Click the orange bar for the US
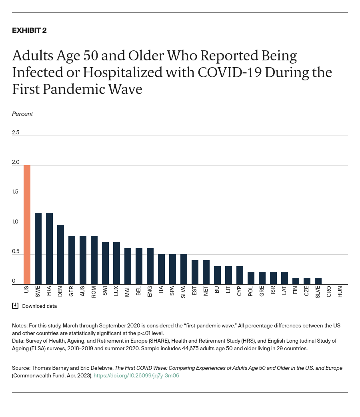pyautogui.click(x=27, y=224)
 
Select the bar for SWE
pyautogui.click(x=38, y=248)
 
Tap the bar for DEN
pyautogui.click(x=60, y=254)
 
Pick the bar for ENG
pyautogui.click(x=150, y=266)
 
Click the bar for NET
pyautogui.click(x=206, y=272)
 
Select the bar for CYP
pyautogui.click(x=240, y=275)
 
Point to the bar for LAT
pyautogui.click(x=284, y=278)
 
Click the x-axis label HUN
pyautogui.click(x=340, y=291)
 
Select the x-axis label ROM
pyautogui.click(x=94, y=291)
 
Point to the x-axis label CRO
pyautogui.click(x=329, y=291)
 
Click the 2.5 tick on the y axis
pyautogui.click(x=16, y=132)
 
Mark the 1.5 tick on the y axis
pyautogui.click(x=16, y=192)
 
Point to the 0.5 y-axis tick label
pyautogui.click(x=16, y=251)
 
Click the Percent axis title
pyautogui.click(x=22, y=114)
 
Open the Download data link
pyautogui.click(x=39, y=306)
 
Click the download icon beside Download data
pyautogui.click(x=15, y=306)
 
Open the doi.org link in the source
pyautogui.click(x=136, y=376)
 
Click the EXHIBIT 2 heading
pyautogui.click(x=29, y=30)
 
